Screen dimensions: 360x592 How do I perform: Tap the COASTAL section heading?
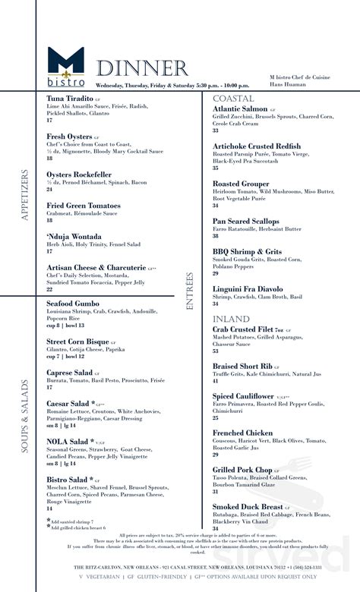233,99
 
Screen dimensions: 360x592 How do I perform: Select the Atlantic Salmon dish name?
242,110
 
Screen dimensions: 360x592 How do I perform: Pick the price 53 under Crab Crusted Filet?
216,351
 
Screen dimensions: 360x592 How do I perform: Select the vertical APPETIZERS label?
25,195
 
